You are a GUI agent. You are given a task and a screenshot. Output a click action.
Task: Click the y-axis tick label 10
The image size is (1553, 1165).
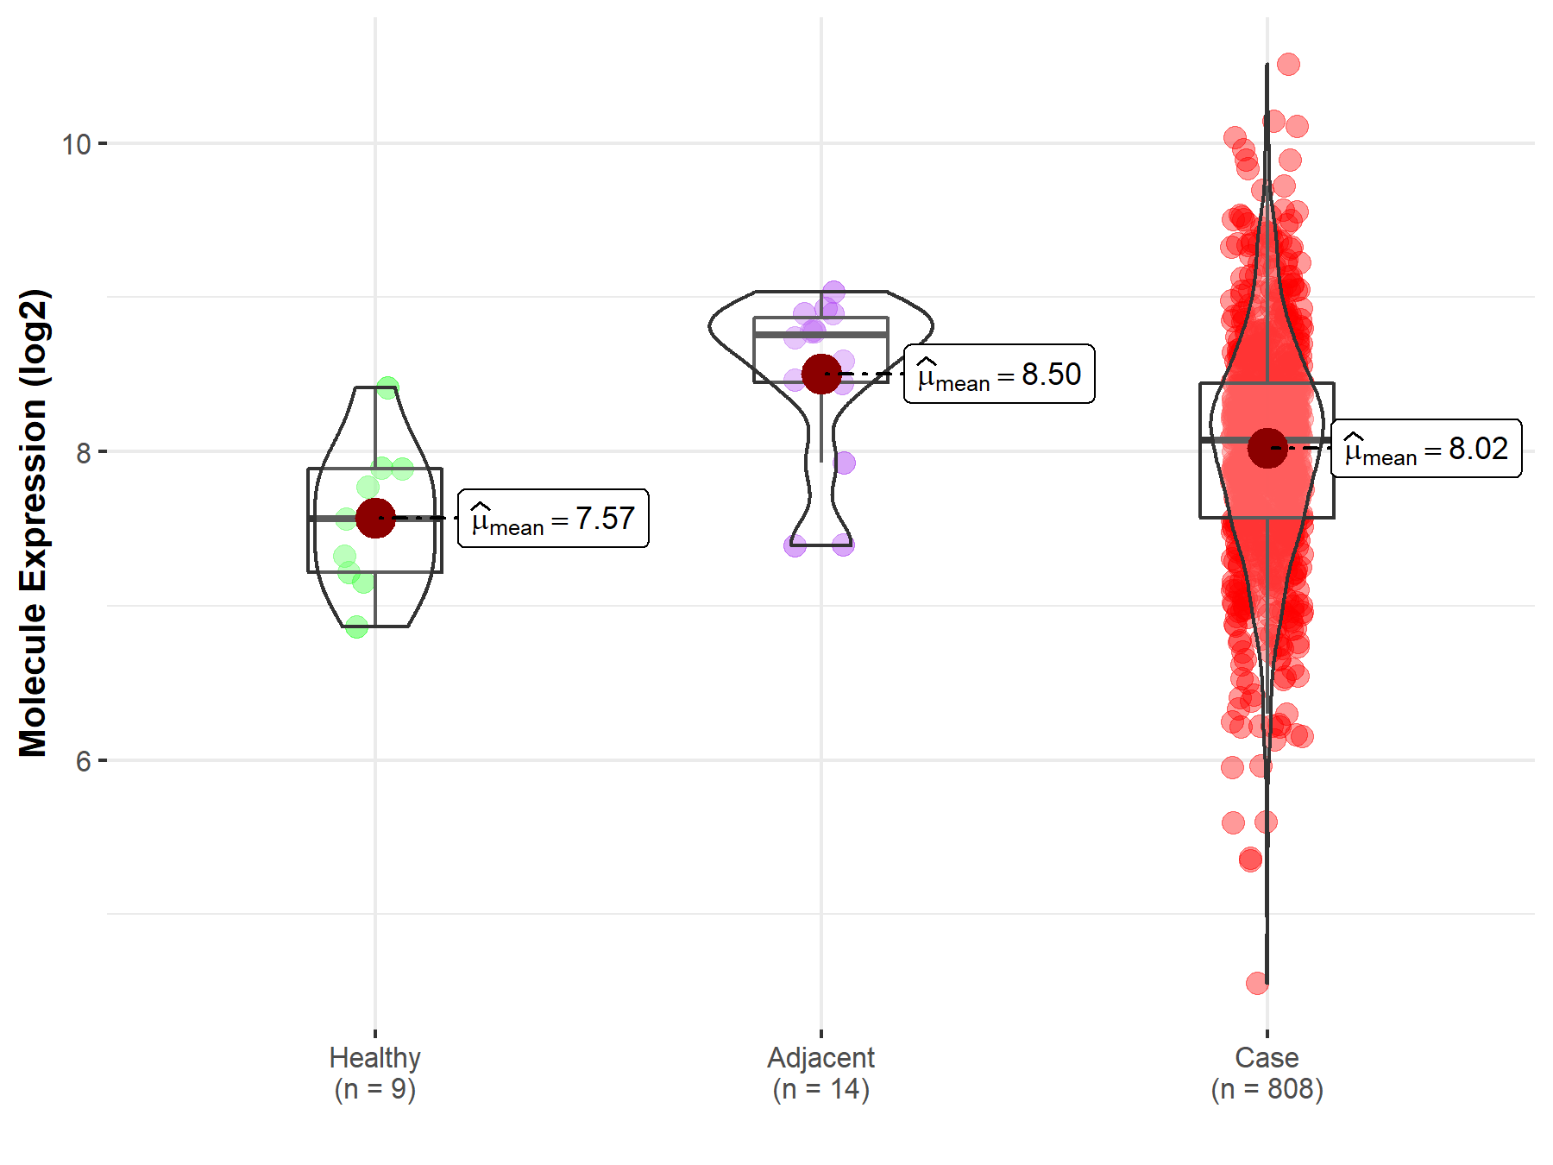[x=76, y=144]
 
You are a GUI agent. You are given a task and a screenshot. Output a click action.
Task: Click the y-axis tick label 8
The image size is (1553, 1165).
[x=83, y=452]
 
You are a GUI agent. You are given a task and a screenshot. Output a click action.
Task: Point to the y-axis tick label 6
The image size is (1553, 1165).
[x=83, y=761]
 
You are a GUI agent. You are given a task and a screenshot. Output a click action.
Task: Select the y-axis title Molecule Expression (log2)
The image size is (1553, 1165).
[x=33, y=523]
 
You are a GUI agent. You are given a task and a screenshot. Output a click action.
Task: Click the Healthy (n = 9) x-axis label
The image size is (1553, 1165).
[x=375, y=1073]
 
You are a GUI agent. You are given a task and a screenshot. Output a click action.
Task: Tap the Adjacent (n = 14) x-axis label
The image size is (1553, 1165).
[x=821, y=1073]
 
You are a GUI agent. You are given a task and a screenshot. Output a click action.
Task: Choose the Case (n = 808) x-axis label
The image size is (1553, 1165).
[x=1267, y=1073]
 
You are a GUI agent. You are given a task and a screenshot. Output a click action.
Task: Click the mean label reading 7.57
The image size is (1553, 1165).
[x=553, y=519]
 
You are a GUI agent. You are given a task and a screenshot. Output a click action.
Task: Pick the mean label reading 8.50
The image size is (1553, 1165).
[x=999, y=375]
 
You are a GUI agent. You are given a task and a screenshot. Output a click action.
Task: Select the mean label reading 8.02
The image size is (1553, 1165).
[x=1426, y=449]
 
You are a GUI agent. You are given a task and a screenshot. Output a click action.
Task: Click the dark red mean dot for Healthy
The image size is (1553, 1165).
[x=375, y=518]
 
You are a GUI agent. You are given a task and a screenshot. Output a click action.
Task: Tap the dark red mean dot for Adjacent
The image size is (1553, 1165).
[x=821, y=374]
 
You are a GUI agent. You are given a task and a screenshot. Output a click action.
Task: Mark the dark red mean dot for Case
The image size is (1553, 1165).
[x=1267, y=448]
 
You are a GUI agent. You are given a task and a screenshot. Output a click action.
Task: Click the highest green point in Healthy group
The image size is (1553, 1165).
[x=387, y=387]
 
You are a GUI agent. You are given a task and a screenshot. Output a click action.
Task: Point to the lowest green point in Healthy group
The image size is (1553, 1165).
[x=356, y=627]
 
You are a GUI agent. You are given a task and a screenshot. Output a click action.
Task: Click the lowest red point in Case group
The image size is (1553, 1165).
[x=1257, y=983]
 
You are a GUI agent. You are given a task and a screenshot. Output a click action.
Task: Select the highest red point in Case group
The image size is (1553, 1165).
[x=1288, y=64]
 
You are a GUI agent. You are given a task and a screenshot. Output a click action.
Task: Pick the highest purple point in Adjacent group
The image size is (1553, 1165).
[x=833, y=292]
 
